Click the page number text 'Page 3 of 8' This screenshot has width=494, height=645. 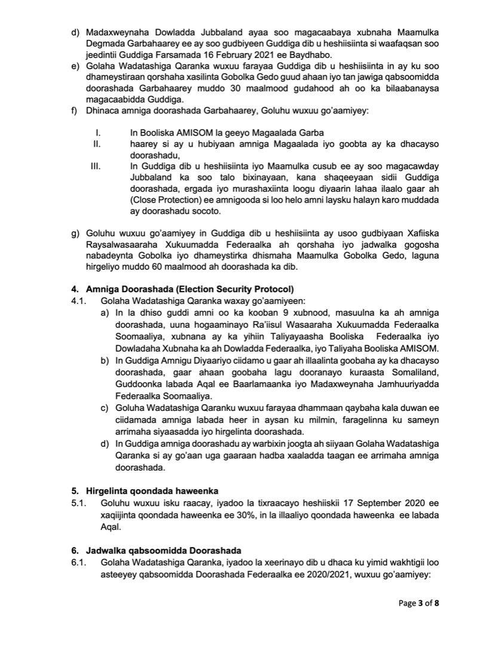pyautogui.click(x=419, y=603)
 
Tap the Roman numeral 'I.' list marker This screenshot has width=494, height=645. pyautogui.click(x=97, y=133)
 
